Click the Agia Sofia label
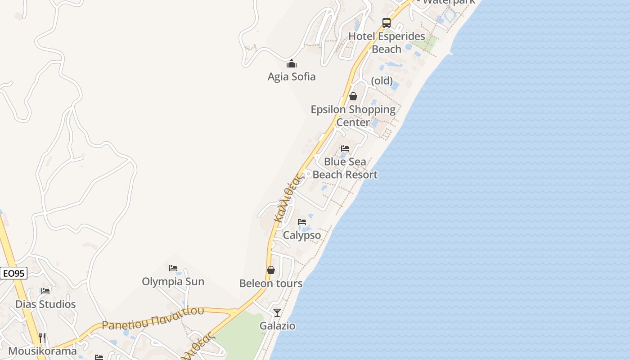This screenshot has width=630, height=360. (292, 76)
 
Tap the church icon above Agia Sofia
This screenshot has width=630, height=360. (292, 63)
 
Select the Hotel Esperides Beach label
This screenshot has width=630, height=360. (387, 42)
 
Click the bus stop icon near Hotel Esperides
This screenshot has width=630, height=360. (387, 22)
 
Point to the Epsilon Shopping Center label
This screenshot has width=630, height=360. (353, 116)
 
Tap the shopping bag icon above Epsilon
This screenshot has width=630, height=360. (353, 96)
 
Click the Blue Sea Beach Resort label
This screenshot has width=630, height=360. (345, 168)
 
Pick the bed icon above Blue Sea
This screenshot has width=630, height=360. (345, 148)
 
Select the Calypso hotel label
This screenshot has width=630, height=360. (302, 235)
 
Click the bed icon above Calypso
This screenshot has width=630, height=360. (302, 222)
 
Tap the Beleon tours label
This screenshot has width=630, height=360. (271, 283)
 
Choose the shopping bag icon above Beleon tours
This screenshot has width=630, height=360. (271, 270)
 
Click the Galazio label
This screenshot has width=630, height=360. (278, 326)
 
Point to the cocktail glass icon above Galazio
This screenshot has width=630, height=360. (277, 312)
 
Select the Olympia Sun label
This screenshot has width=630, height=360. (173, 282)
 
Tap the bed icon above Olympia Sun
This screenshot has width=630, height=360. (173, 268)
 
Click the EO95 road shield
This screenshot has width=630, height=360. (13, 273)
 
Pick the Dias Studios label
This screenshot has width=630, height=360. (45, 304)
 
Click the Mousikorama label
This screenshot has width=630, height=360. (43, 351)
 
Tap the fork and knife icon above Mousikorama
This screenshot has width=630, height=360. (42, 337)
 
